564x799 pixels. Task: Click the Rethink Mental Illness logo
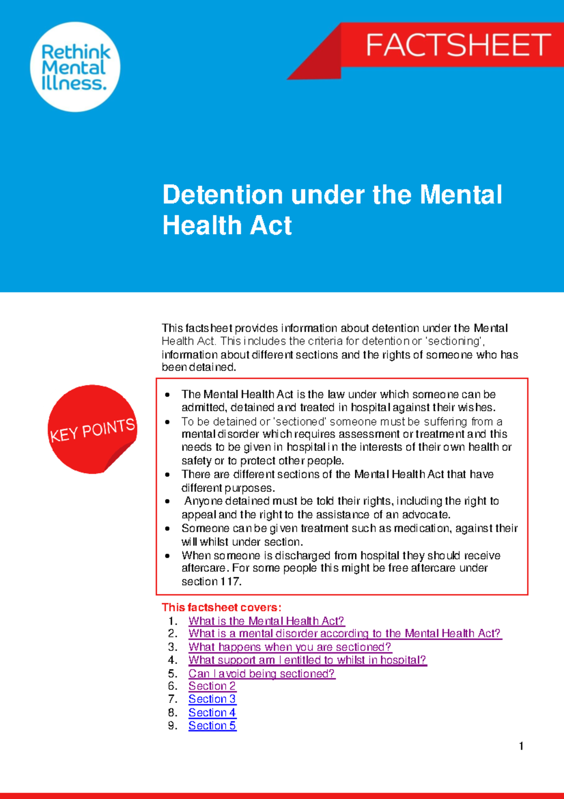(75, 67)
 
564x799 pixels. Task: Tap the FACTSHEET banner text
(458, 45)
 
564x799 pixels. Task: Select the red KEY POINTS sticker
(92, 429)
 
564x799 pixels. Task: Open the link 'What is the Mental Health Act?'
(266, 621)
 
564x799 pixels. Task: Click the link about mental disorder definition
(345, 634)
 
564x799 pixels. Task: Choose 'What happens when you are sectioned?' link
(290, 647)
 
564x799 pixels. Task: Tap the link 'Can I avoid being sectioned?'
(261, 674)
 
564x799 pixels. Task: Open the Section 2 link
(212, 686)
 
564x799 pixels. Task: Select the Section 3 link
(212, 699)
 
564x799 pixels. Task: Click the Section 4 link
(212, 713)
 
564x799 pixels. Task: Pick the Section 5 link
(212, 726)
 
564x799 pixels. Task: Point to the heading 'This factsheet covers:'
(221, 607)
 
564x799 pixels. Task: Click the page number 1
(521, 746)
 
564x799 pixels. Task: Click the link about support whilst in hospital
(307, 660)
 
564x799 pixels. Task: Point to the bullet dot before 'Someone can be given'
(167, 529)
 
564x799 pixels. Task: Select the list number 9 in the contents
(172, 726)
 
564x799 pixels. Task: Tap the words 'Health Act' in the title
(227, 225)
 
